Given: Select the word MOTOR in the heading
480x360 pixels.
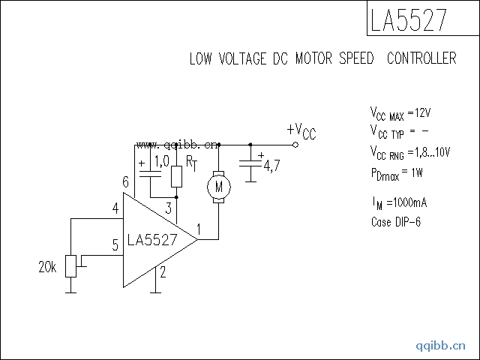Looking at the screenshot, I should (x=322, y=58).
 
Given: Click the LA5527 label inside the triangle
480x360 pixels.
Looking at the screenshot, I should (x=152, y=240).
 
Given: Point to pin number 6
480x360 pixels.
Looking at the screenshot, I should (x=125, y=182).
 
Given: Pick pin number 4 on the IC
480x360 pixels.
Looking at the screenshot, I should (x=115, y=208).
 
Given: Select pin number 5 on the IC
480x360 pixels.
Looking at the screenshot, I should (x=115, y=244).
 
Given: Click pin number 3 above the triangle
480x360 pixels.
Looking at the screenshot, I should (x=169, y=208).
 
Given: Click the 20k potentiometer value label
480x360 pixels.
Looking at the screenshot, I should (x=47, y=267).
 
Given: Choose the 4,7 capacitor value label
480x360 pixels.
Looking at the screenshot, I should (x=271, y=166).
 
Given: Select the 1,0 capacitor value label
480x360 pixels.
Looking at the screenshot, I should (x=160, y=161).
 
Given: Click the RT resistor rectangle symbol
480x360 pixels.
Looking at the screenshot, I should (x=176, y=176).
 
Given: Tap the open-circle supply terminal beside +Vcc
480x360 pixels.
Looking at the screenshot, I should (x=295, y=144).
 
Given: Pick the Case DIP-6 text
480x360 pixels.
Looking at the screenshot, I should (x=396, y=222).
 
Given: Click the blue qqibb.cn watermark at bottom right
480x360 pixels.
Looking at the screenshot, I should (x=441, y=346).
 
